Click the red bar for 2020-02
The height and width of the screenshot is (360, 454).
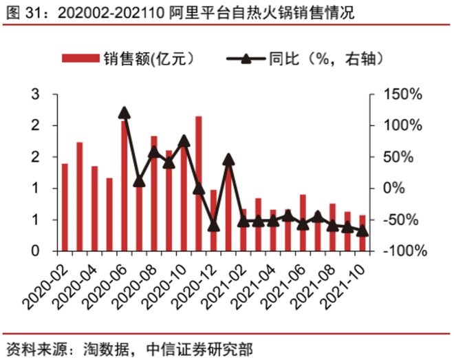[x=65, y=207]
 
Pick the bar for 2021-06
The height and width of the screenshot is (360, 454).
[x=303, y=223]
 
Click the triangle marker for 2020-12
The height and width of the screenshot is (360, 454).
[x=214, y=225]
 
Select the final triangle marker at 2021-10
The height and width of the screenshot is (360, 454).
[x=363, y=231]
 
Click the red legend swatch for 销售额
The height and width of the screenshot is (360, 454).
[x=81, y=58]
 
